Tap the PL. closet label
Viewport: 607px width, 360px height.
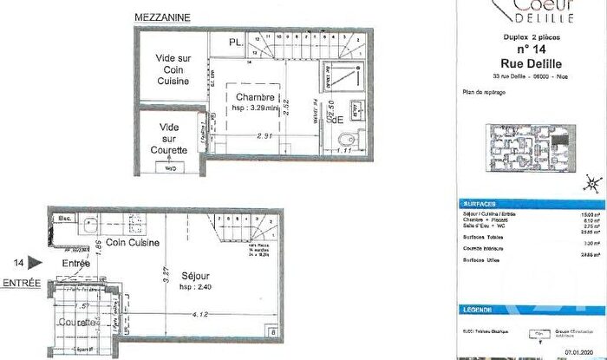[236, 41]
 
